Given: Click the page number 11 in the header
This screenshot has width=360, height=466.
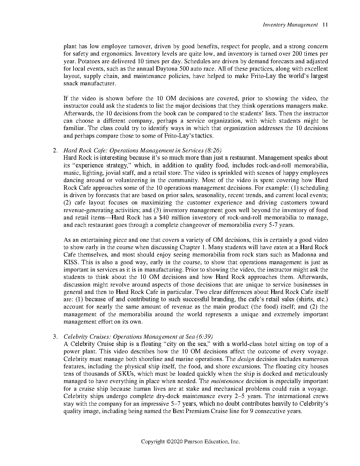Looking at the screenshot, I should point(325,25).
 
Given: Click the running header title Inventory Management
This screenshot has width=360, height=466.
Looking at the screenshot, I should point(290,25).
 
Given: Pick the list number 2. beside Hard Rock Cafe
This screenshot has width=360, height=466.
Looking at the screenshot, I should point(55,151).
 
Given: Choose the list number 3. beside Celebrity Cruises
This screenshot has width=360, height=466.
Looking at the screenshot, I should point(55,337).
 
